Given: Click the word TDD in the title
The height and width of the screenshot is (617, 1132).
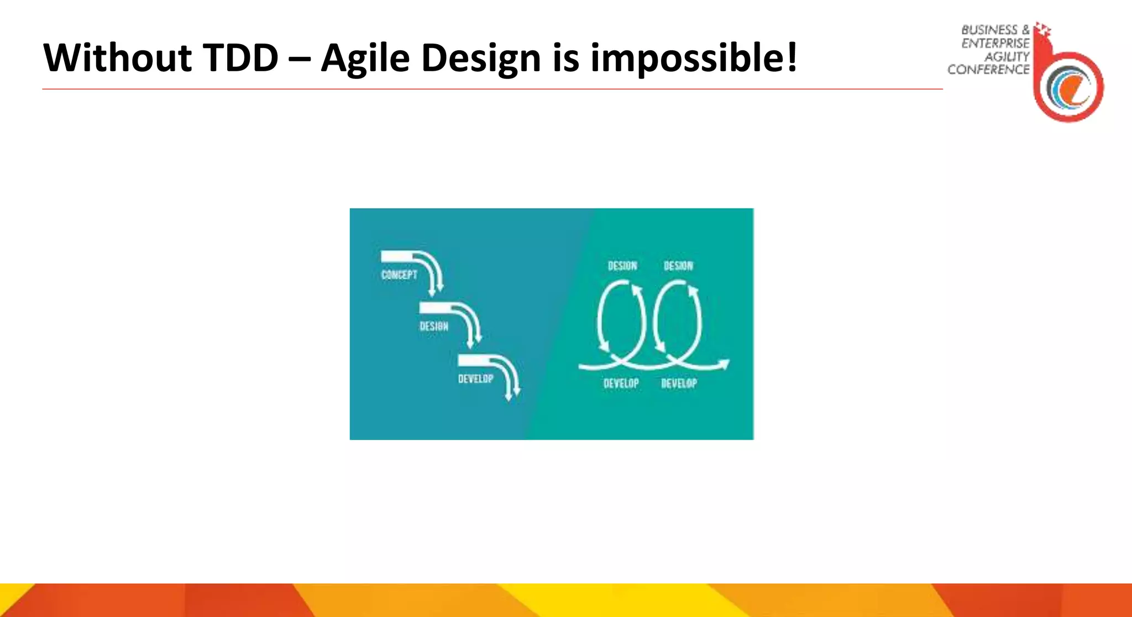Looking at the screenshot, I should point(240,58).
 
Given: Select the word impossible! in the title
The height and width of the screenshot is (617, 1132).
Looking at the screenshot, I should point(694,58).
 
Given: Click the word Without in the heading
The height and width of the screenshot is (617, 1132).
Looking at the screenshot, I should point(117,58).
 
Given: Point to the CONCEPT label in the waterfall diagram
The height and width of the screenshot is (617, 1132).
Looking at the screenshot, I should point(399,275).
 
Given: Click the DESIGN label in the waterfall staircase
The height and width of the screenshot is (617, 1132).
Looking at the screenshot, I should point(434,326).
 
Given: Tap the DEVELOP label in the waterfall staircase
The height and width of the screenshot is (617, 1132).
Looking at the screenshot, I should point(475,379).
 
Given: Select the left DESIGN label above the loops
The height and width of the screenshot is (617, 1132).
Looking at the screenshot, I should point(622,266).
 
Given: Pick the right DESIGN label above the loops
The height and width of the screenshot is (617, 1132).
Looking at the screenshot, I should point(678,266).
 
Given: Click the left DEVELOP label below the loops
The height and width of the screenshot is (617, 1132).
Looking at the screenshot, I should point(621,383).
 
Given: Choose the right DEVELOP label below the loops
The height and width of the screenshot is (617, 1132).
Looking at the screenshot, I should point(679,383).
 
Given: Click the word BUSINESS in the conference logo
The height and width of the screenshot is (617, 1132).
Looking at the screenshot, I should point(989,30).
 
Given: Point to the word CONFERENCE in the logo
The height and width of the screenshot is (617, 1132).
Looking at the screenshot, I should point(988,70).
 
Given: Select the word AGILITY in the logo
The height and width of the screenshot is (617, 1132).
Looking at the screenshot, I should point(1007,56).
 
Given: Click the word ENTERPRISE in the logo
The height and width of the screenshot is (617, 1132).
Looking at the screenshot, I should point(995,43).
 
